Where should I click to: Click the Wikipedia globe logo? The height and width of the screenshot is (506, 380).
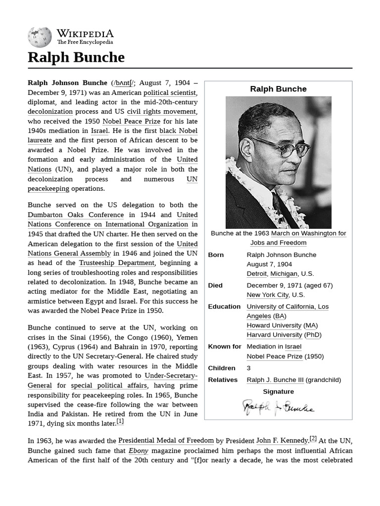click(40, 37)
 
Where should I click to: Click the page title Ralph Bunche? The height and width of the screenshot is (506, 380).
click(76, 57)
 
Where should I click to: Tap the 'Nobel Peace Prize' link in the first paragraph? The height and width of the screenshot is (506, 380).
click(125, 121)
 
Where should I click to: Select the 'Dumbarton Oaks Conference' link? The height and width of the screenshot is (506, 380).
click(76, 215)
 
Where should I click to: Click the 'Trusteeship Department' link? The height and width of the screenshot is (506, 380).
click(117, 263)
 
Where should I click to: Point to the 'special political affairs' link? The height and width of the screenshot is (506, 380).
click(109, 385)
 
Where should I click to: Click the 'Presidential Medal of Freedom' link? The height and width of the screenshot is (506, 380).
click(166, 440)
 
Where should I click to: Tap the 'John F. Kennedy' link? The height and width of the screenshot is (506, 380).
click(282, 440)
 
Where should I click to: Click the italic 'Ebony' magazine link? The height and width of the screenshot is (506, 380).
click(138, 451)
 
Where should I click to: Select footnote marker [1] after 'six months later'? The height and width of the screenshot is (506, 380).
click(120, 422)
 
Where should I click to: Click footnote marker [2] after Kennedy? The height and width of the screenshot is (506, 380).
click(313, 438)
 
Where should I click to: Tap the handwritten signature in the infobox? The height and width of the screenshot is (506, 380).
click(278, 407)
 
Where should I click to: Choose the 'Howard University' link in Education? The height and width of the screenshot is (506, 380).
click(274, 326)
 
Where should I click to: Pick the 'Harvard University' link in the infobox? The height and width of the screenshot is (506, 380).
click(274, 335)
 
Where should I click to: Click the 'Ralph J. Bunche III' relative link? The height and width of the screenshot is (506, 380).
click(275, 380)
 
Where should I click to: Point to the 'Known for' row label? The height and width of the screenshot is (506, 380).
click(225, 347)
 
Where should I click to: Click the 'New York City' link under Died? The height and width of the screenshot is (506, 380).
click(268, 295)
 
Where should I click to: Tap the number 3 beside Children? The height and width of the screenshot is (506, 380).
click(249, 368)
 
